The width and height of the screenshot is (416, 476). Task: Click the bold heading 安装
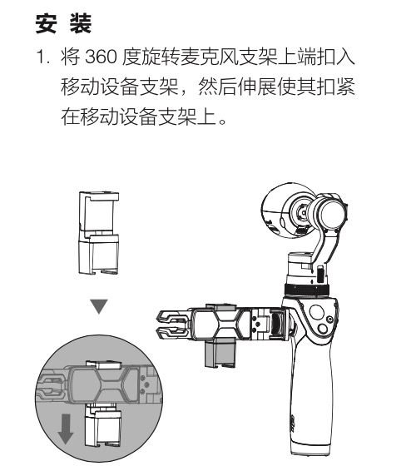pos(63,23)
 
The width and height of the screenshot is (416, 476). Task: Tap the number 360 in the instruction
pos(101,57)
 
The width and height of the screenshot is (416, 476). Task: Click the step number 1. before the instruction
pos(42,57)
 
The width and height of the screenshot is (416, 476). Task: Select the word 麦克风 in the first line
pos(210,57)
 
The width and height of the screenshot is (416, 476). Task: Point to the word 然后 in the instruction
pos(217,87)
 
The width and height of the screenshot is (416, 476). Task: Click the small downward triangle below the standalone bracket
pos(99,306)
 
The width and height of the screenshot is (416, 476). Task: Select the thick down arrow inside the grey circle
pos(66,429)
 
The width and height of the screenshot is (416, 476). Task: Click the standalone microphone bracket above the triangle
pos(99,233)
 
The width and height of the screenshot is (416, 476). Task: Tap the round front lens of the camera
pos(333,211)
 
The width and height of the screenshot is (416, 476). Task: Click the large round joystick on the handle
pos(317,312)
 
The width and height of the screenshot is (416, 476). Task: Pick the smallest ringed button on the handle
pos(329,319)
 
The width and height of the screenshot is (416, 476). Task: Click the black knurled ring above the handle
pos(306,290)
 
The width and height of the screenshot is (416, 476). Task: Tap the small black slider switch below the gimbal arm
pos(320,274)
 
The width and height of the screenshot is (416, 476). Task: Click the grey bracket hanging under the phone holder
pos(220,353)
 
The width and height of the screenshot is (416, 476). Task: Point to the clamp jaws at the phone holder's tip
pos(174,324)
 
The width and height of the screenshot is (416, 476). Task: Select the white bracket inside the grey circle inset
pos(102,426)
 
